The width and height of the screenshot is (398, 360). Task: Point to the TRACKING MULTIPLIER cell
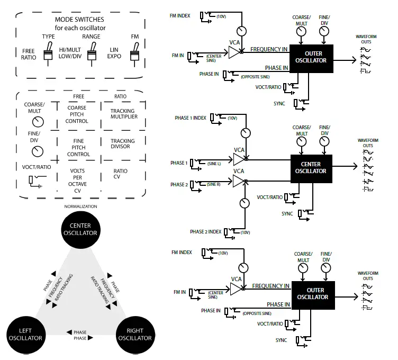[123, 114]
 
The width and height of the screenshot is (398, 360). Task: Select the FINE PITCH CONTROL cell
[78, 147]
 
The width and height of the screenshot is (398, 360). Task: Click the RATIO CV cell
[121, 174]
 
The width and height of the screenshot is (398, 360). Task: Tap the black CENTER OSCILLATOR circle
[80, 229]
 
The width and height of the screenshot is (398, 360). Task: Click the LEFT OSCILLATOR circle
[25, 334]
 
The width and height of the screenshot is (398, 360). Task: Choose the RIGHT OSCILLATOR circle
[135, 334]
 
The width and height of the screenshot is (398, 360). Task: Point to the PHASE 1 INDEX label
[191, 118]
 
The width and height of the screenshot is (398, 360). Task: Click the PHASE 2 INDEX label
[205, 232]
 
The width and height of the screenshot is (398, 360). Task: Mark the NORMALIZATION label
[80, 206]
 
